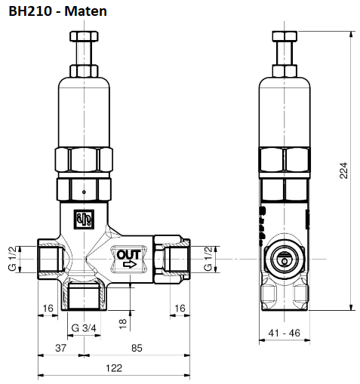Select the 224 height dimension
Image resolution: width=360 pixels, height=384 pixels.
[x=344, y=171]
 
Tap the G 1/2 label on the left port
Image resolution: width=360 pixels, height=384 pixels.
[x=13, y=259]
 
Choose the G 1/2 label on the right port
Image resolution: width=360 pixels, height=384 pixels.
[x=209, y=259]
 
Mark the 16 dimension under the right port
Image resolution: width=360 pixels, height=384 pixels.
[x=180, y=308]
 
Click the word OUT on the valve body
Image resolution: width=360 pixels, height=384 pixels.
[x=128, y=254]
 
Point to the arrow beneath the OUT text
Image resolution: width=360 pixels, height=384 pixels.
[x=129, y=265]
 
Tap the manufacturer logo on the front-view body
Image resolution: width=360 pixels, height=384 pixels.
[x=82, y=219]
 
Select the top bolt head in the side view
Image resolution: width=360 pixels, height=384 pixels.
[x=284, y=37]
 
